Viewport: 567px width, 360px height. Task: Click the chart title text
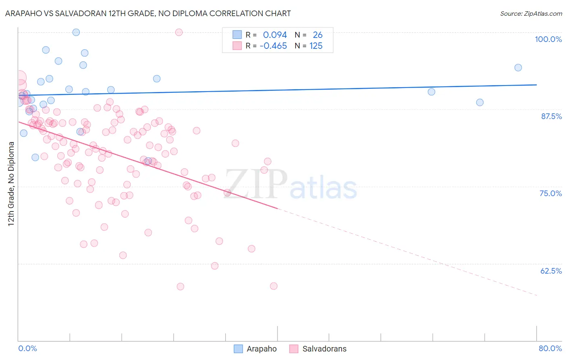[x=148, y=13]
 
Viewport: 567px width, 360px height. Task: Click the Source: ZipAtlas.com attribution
[x=531, y=14]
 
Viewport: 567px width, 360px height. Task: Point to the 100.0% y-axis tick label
[x=548, y=39]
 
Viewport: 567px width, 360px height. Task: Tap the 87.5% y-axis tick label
[x=551, y=116]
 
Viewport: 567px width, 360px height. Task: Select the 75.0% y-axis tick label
[x=550, y=193]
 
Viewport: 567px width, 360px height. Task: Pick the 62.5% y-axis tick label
[x=551, y=271]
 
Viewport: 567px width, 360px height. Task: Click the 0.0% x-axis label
[x=27, y=348]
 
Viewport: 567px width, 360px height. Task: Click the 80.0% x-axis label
[x=550, y=348]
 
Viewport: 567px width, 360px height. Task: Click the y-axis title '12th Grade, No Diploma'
[x=11, y=184]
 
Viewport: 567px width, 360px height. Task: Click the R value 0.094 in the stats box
[x=275, y=35]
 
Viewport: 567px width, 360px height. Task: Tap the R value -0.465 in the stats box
[x=273, y=46]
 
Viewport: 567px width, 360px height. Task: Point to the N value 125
[x=316, y=46]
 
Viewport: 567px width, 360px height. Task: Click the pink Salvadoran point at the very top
[x=179, y=32]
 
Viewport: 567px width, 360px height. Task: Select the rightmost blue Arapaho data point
[x=518, y=68]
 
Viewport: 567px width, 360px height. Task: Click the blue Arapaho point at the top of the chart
[x=76, y=32]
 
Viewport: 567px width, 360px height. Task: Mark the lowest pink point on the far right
[x=274, y=286]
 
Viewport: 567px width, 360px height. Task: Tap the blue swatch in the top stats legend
[x=237, y=35]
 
